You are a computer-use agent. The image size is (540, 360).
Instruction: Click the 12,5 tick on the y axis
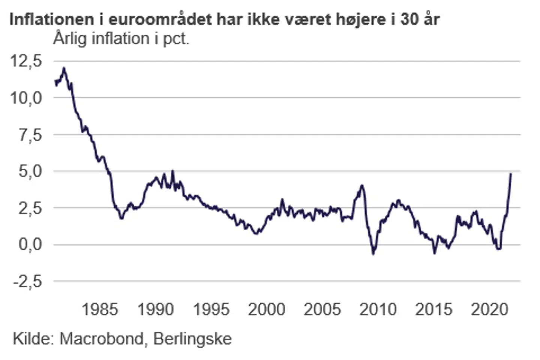(26, 61)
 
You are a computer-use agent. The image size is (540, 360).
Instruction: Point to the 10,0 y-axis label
(26, 97)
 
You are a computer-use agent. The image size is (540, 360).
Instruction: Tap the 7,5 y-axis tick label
(31, 135)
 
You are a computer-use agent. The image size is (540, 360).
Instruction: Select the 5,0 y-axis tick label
(31, 171)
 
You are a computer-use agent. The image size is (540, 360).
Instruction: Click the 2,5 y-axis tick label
(31, 208)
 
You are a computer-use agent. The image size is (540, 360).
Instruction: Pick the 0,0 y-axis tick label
(31, 244)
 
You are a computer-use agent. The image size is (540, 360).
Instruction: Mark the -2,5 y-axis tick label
(28, 281)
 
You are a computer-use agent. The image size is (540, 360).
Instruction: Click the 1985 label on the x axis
(100, 309)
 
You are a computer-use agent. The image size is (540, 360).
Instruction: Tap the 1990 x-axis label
(156, 309)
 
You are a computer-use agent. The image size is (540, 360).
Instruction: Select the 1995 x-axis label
(211, 309)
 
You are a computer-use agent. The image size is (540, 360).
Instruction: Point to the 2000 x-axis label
(267, 309)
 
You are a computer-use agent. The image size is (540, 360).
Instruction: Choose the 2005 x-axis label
(322, 309)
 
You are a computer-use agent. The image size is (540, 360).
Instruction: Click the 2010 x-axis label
(378, 309)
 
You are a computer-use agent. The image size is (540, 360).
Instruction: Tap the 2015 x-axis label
(434, 309)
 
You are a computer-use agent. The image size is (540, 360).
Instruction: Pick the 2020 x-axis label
(489, 309)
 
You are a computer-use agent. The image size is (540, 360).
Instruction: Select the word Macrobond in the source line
(102, 339)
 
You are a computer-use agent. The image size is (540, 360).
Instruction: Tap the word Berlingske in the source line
(193, 339)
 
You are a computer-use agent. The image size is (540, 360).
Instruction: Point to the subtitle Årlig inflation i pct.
(121, 39)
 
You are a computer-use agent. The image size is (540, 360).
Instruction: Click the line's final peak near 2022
(511, 174)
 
